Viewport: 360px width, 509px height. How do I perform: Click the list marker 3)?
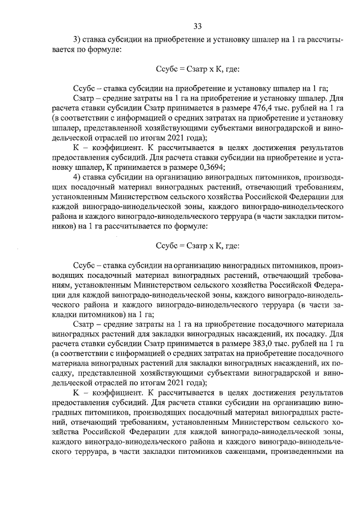pyautogui.click(x=78, y=39)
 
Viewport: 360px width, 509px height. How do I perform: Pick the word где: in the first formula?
pyautogui.click(x=231, y=69)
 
